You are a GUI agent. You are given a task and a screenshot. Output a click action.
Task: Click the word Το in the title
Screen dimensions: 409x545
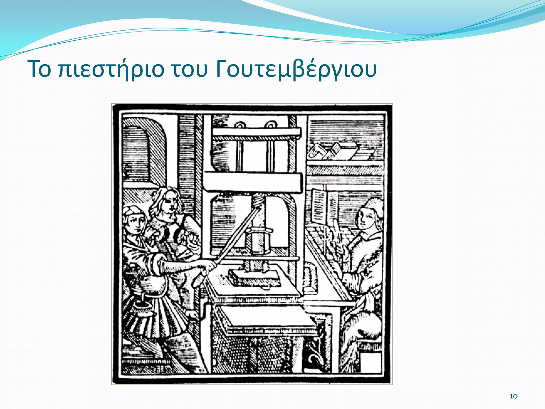tap(40, 69)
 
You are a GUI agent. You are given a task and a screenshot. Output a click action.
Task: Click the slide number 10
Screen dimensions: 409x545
tap(513, 396)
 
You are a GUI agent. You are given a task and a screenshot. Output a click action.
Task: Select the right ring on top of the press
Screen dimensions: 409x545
tap(270, 125)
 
